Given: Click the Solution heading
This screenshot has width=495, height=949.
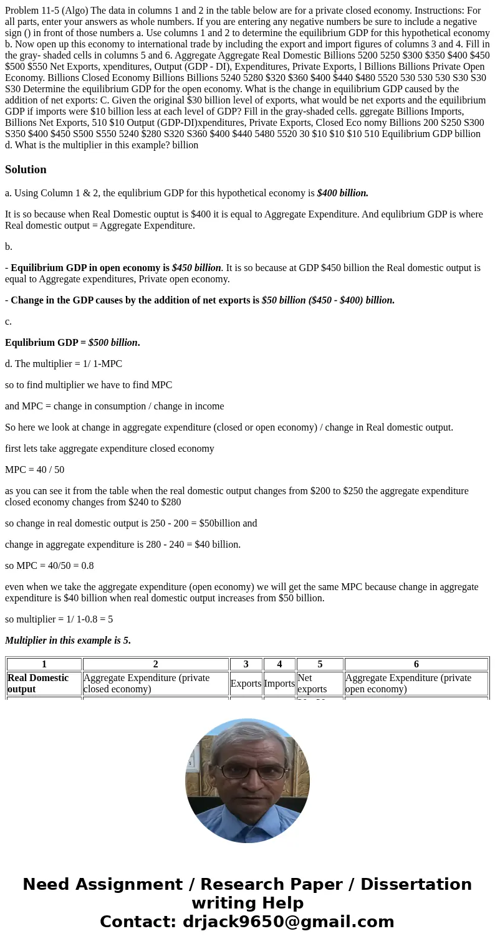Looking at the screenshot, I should click(26, 169).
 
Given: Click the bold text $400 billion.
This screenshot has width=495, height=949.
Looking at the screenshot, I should click(342, 193).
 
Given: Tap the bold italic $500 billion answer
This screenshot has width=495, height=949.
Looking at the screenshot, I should click(113, 343).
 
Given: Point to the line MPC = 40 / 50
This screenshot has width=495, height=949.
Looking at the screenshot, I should click(34, 470).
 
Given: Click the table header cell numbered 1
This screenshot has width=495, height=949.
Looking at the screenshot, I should click(44, 664).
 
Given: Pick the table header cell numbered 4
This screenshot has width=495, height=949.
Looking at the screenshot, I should click(279, 664).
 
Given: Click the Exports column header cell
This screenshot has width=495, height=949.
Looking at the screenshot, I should click(246, 684).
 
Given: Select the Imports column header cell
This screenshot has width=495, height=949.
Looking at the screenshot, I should click(279, 684).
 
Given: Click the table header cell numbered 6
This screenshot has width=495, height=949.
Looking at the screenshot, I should click(416, 664).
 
